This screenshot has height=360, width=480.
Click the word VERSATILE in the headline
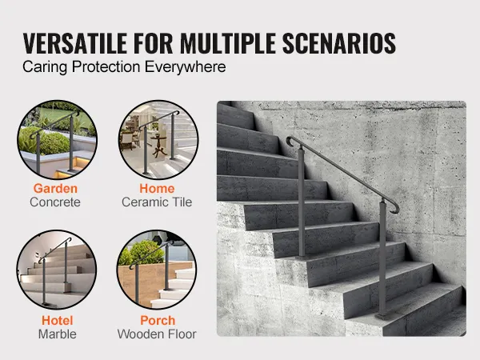click(75, 43)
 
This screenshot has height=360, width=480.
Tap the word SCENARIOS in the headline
click(339, 43)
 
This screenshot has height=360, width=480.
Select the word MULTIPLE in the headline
click(228, 43)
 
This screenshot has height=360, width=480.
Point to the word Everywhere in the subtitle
click(186, 67)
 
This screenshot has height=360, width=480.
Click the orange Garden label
click(55, 189)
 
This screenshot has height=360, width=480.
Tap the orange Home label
click(157, 189)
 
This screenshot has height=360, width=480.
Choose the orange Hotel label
click(58, 321)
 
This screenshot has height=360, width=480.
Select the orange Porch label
click(158, 321)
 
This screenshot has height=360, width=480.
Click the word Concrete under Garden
click(55, 202)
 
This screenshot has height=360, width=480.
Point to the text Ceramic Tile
click(157, 202)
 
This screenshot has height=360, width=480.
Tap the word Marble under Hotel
click(58, 334)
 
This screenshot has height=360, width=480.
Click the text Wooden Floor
click(157, 334)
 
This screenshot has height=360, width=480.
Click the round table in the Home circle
click(158, 145)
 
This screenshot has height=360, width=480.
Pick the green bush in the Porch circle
click(143, 252)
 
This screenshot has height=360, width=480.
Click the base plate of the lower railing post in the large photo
click(382, 317)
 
